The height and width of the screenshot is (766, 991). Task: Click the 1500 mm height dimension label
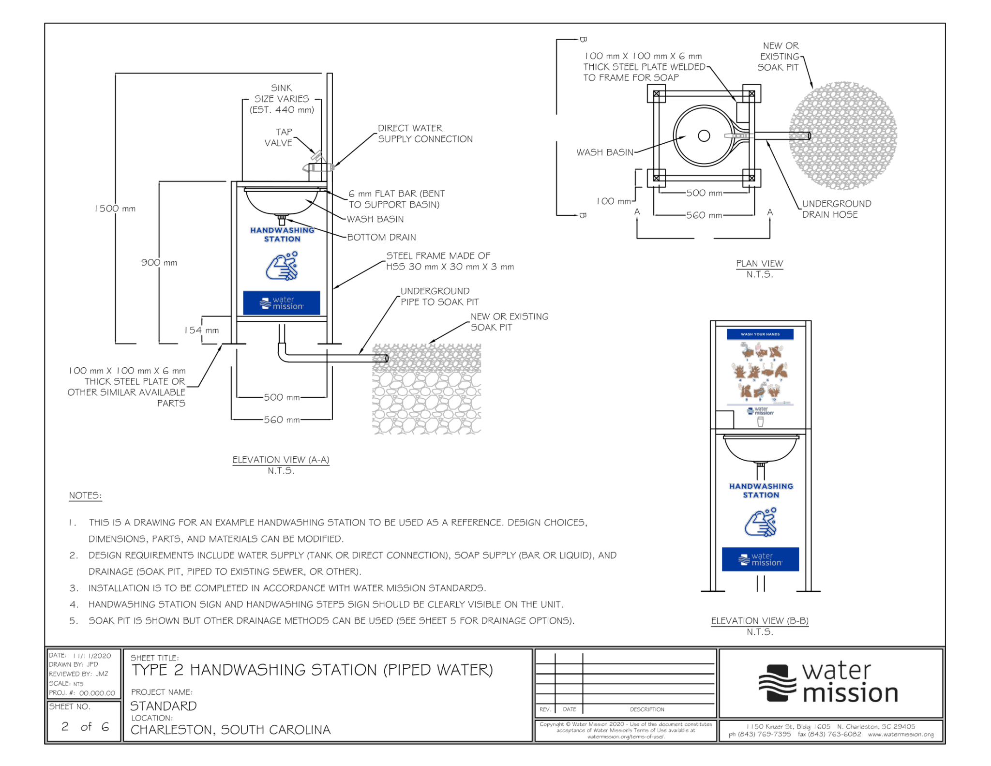pyautogui.click(x=115, y=209)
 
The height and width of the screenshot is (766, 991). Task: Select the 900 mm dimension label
pyautogui.click(x=159, y=263)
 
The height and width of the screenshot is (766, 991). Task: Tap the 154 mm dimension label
pyautogui.click(x=201, y=330)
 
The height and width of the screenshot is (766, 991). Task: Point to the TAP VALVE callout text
pyautogui.click(x=279, y=137)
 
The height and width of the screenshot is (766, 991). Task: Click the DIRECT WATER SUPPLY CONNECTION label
pyautogui.click(x=425, y=134)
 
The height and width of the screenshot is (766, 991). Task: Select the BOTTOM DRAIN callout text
pyautogui.click(x=381, y=237)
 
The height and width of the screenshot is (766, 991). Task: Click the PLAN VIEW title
pyautogui.click(x=759, y=263)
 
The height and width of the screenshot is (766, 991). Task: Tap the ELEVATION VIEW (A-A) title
pyautogui.click(x=281, y=460)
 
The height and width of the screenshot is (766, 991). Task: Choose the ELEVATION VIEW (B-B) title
pyautogui.click(x=760, y=621)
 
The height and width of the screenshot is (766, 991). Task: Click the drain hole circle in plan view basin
pyautogui.click(x=704, y=136)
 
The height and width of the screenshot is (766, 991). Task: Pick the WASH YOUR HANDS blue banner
pyautogui.click(x=760, y=334)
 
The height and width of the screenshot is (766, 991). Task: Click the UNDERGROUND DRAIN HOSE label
pyautogui.click(x=837, y=209)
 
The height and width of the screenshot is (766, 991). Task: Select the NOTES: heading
pyautogui.click(x=85, y=496)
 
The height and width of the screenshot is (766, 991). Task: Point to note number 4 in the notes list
pyautogui.click(x=74, y=604)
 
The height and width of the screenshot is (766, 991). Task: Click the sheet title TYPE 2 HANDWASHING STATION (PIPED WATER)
pyautogui.click(x=312, y=670)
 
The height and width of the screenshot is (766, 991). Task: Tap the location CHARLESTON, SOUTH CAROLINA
pyautogui.click(x=230, y=730)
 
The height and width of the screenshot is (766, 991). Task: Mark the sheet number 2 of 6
pyautogui.click(x=85, y=726)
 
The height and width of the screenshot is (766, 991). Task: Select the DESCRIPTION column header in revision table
pyautogui.click(x=647, y=709)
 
